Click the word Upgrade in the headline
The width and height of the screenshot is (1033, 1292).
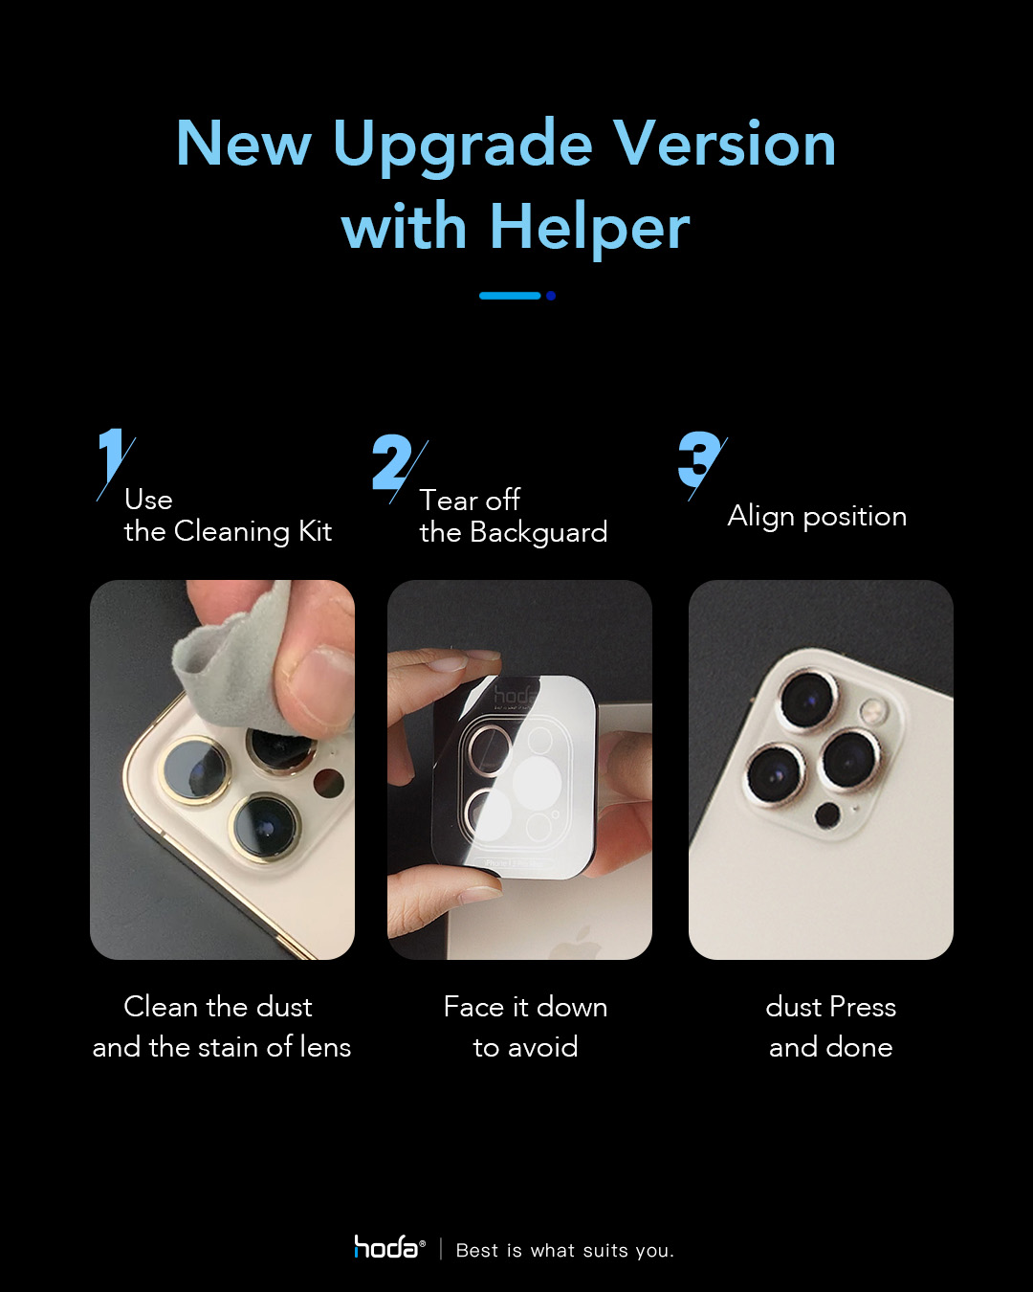pos(463,145)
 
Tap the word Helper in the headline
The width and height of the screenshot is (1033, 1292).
pos(589,230)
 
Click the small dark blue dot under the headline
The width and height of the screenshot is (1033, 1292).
pos(550,296)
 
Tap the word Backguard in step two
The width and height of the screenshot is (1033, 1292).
pos(538,532)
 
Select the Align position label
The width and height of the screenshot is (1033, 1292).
pos(817,516)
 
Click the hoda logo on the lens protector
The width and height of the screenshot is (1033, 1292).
pos(515,697)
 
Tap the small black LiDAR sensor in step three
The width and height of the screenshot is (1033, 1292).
pos(827,815)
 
